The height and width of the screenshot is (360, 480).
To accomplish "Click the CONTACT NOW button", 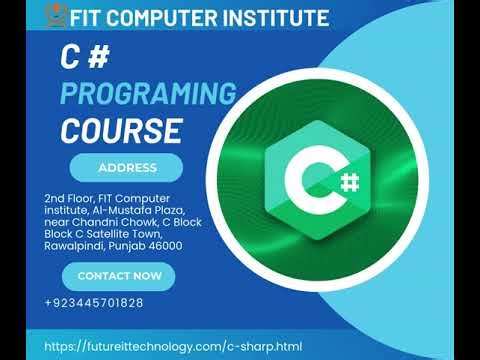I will (118, 275).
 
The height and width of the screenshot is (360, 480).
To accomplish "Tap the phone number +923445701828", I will (94, 302).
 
